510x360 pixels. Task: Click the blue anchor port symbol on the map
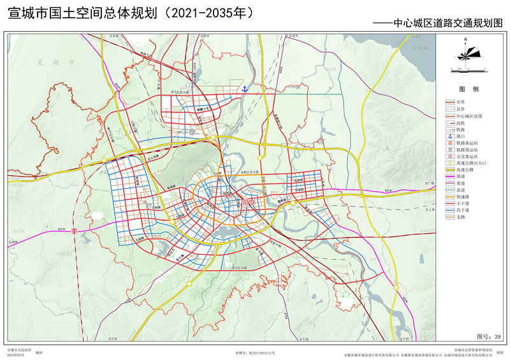[244, 90]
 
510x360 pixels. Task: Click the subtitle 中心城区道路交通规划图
[447, 22]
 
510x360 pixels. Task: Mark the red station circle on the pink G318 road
[75, 231]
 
